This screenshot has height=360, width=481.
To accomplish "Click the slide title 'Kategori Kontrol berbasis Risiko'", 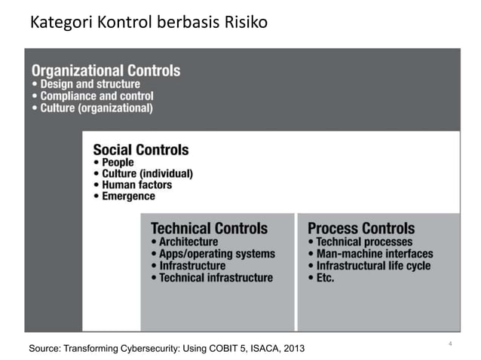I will [148, 23].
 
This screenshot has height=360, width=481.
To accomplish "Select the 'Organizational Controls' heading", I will [106, 70].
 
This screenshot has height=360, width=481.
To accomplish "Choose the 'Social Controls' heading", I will [140, 149].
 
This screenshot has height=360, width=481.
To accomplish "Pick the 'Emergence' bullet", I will [128, 196].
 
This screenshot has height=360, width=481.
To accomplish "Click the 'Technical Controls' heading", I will [209, 227].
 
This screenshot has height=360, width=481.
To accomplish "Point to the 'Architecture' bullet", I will [188, 242].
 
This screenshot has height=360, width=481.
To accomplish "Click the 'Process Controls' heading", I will [361, 227].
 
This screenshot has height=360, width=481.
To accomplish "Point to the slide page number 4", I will [449, 344].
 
